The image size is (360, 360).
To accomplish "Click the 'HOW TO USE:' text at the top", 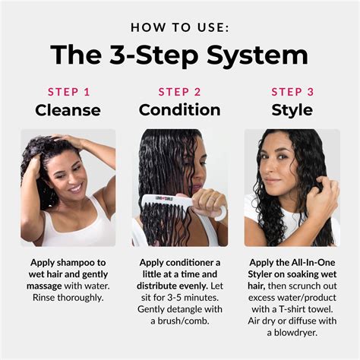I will tap(180, 27).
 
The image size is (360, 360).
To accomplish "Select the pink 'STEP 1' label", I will tap(68, 92).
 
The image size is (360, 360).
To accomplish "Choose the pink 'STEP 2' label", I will tap(179, 92).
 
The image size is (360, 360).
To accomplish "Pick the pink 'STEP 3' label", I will tap(292, 92).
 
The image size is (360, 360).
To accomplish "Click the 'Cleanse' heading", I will tap(68, 110).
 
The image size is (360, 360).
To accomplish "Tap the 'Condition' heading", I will tap(179, 110).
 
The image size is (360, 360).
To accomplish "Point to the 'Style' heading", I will tap(292, 110).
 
